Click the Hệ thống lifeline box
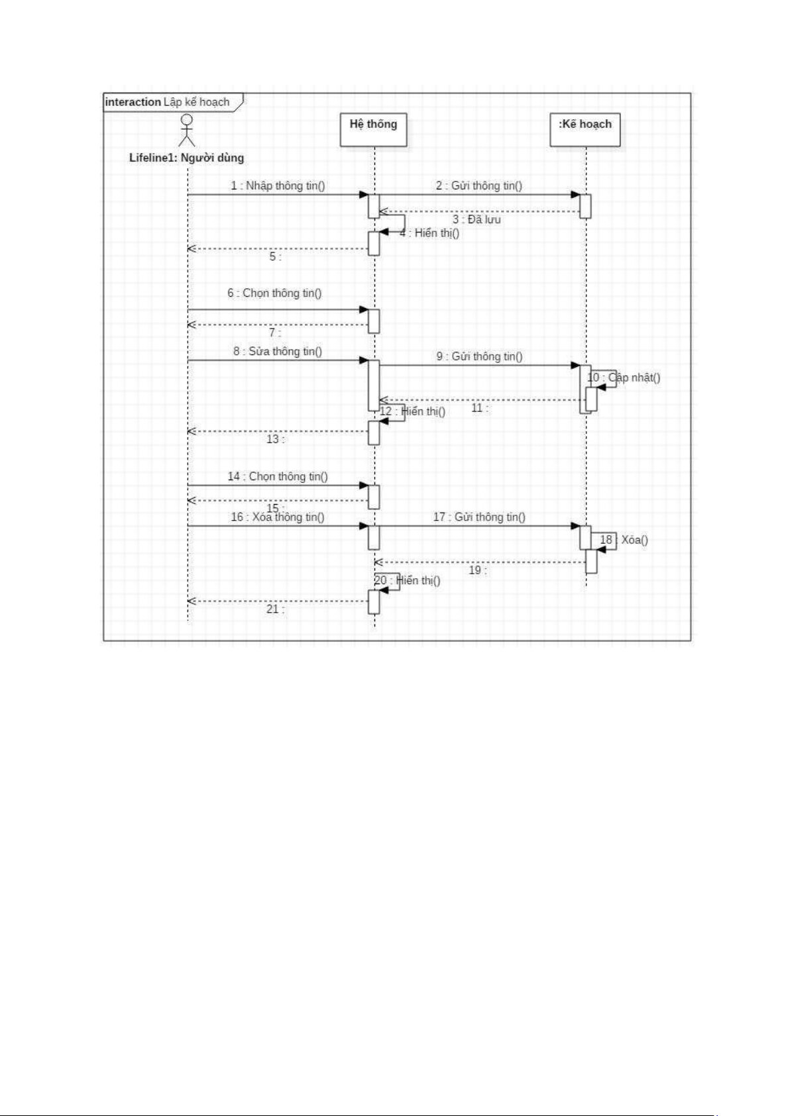click(373, 130)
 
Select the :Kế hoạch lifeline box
click(585, 130)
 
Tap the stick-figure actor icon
click(187, 130)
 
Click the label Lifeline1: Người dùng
click(186, 158)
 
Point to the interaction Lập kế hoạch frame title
click(168, 102)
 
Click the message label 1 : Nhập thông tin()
click(278, 185)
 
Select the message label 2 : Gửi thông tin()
click(479, 185)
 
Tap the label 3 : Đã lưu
click(477, 219)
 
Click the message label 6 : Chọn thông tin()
click(274, 293)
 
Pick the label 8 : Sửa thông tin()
click(277, 351)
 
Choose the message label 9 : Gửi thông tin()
click(479, 356)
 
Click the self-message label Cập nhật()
click(634, 378)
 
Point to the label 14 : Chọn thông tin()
click(278, 476)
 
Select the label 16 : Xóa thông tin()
click(277, 517)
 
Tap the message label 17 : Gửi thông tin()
click(479, 517)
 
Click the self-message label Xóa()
click(634, 540)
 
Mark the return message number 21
click(274, 609)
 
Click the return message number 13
click(274, 439)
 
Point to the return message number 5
click(274, 256)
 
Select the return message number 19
click(477, 570)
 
